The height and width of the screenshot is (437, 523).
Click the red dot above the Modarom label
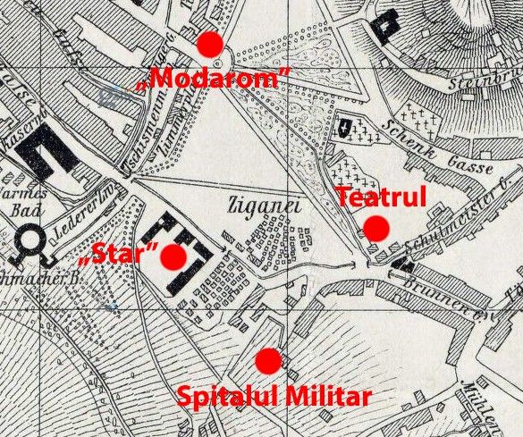(x=210, y=43)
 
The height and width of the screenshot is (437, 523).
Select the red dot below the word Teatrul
(x=376, y=229)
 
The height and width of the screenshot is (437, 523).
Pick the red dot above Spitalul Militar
(x=267, y=361)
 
